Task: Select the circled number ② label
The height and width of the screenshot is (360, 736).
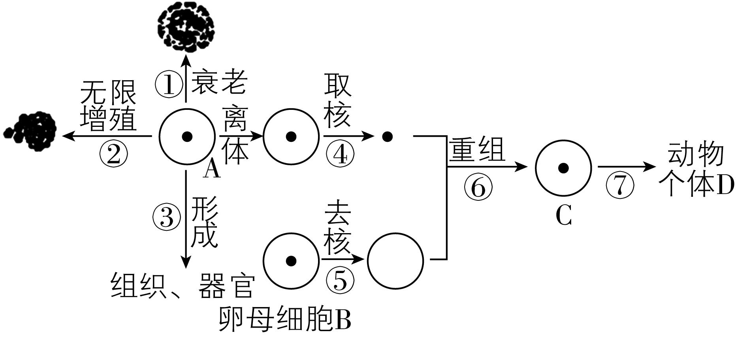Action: tap(114, 155)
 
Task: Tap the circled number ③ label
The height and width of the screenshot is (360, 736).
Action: tap(167, 217)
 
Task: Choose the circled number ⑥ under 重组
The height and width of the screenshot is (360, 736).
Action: tap(478, 187)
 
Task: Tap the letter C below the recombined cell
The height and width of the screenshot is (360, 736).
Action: tap(564, 216)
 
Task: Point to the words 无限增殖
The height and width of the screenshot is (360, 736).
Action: tap(108, 106)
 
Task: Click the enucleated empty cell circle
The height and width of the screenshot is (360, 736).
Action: tap(395, 260)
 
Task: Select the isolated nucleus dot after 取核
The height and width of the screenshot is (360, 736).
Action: tap(388, 137)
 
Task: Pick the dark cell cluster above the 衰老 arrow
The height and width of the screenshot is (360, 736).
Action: tap(186, 30)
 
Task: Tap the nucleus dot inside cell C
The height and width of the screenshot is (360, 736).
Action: tap(563, 168)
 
